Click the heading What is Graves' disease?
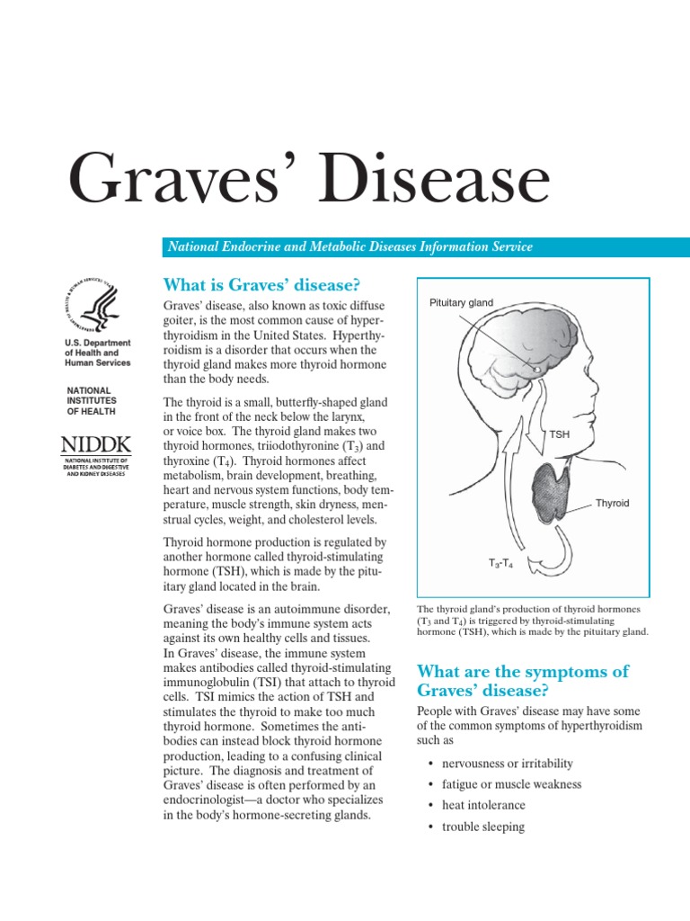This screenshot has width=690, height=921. [261, 285]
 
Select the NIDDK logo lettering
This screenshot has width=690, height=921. [95, 443]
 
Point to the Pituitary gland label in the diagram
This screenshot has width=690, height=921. [461, 303]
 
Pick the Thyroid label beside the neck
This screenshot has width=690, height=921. [612, 504]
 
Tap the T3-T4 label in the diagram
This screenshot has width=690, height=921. [501, 563]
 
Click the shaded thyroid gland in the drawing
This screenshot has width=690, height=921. [551, 495]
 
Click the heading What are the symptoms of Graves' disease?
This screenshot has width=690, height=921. [523, 681]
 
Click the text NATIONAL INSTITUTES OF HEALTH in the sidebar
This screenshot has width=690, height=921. [93, 401]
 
